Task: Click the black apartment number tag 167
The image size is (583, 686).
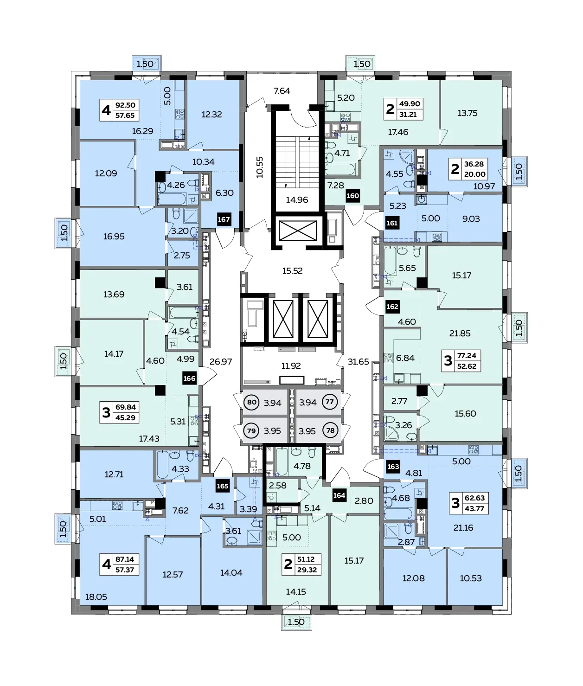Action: pyautogui.click(x=224, y=219)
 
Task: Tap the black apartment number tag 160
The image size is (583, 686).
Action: pyautogui.click(x=352, y=196)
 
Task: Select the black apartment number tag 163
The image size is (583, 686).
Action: pyautogui.click(x=393, y=467)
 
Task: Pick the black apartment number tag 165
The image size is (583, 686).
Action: pyautogui.click(x=223, y=486)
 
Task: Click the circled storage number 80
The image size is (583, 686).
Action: pyautogui.click(x=252, y=403)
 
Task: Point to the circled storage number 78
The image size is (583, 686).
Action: pyautogui.click(x=331, y=430)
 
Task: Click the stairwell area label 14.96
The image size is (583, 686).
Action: pyautogui.click(x=297, y=200)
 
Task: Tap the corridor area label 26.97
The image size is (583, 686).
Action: pyautogui.click(x=221, y=361)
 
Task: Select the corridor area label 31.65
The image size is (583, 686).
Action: pyautogui.click(x=359, y=361)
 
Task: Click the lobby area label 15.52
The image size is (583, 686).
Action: pyautogui.click(x=292, y=271)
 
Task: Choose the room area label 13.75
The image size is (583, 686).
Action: pyautogui.click(x=468, y=113)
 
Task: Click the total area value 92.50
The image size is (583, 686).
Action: pyautogui.click(x=125, y=105)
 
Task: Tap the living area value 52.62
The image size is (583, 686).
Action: pyautogui.click(x=467, y=366)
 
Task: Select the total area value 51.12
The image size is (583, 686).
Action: pyautogui.click(x=306, y=559)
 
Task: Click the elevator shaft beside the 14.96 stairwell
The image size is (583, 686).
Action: pyautogui.click(x=298, y=231)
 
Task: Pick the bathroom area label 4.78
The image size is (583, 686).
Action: pyautogui.click(x=302, y=466)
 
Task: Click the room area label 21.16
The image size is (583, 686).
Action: pyautogui.click(x=463, y=528)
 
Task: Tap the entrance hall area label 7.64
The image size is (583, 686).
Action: pyautogui.click(x=282, y=90)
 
